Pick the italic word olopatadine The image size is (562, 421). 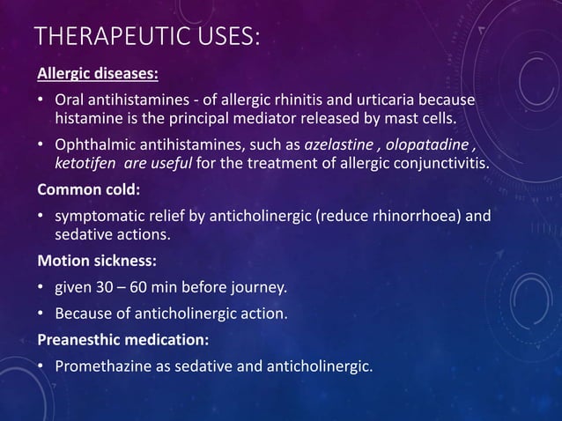pos(431,144)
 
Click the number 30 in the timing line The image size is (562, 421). pos(102,287)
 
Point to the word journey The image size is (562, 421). pos(260,287)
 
